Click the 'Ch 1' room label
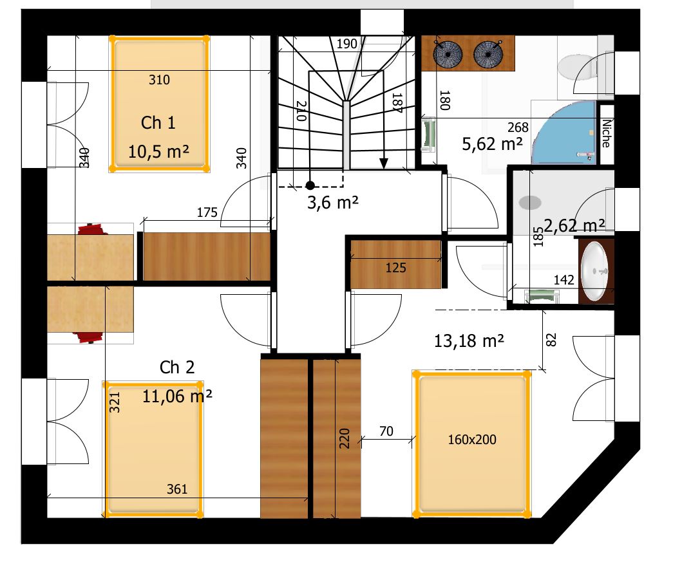pos(158,122)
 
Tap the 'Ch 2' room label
pos(176,368)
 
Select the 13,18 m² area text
pos(469,340)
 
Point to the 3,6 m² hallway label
pos(333,203)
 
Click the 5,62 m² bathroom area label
pos(493,144)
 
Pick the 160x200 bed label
pos(472,440)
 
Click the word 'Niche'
pos(606,133)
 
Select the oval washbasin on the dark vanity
pos(594,271)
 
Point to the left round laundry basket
pos(448,54)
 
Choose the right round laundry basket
pos(488,54)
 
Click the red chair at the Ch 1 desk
pos(91,230)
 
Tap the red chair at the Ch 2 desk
pos(89,337)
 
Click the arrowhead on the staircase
pos(384,163)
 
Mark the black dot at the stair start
pos(310,185)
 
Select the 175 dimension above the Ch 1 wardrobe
pos(207,212)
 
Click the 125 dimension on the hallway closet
pos(396,268)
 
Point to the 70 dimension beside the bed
pos(386,431)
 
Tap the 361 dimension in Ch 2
pos(177,489)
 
